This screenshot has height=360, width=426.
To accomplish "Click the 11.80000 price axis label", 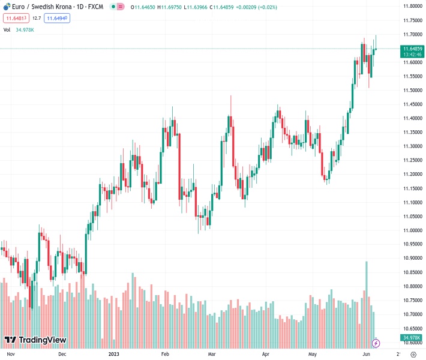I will click(412, 6).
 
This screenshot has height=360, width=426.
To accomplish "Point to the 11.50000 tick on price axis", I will click(412, 90).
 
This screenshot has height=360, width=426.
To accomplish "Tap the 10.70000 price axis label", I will click(412, 314).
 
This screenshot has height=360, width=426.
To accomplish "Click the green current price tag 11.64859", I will click(413, 48).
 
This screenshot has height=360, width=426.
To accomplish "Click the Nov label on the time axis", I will click(10, 354).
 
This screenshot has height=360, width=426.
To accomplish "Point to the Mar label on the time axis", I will click(211, 354).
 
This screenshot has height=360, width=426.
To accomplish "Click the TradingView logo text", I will click(42, 340).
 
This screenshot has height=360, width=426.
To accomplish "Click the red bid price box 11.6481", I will click(16, 18).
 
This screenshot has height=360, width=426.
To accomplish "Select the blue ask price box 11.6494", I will click(57, 18).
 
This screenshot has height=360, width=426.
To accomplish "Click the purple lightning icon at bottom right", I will click(376, 343).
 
